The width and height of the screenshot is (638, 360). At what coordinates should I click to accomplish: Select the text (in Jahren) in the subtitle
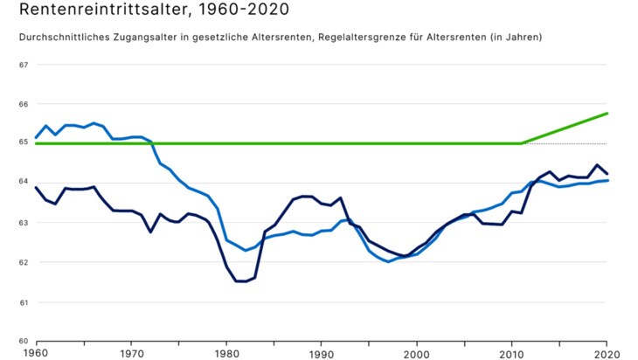click(514, 38)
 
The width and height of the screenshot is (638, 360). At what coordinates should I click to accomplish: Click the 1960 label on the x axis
click(36, 353)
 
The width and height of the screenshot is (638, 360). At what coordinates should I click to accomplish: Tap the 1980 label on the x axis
click(226, 353)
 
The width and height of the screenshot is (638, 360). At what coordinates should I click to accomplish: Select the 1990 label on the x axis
click(322, 353)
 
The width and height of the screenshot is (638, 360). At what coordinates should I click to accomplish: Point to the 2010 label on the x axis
click(512, 353)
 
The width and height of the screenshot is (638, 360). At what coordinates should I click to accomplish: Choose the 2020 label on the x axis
click(607, 353)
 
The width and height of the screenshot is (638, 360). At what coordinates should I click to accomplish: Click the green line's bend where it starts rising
click(522, 143)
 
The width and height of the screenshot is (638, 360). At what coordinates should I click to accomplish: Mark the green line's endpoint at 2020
click(607, 114)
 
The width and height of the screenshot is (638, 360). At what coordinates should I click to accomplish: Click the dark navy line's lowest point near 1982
click(240, 281)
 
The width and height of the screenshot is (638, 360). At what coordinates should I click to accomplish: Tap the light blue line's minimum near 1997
click(388, 261)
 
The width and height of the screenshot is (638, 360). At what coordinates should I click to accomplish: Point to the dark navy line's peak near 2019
click(597, 165)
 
